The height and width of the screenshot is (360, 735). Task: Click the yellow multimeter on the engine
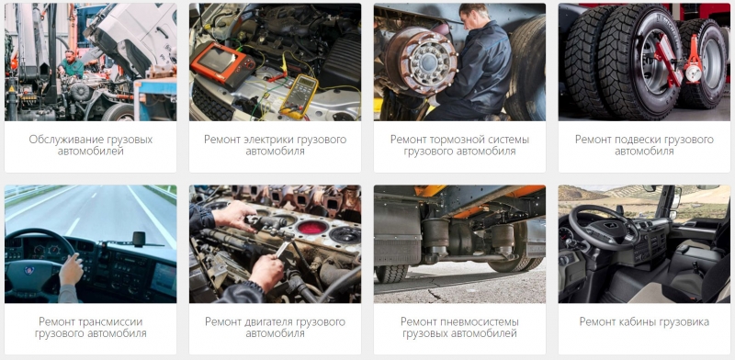click(x=300, y=96)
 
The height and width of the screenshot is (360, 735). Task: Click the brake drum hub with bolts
click(x=422, y=61)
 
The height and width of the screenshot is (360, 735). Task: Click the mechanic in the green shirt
click(x=71, y=64)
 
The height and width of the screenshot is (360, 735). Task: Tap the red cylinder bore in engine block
click(x=311, y=228)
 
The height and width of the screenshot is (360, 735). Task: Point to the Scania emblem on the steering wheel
click(x=29, y=271)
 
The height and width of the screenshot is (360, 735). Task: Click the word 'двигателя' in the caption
click(x=267, y=321)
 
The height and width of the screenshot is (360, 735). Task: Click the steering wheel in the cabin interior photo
click(x=604, y=228)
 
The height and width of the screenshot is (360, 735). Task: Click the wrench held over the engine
click(x=282, y=249)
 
